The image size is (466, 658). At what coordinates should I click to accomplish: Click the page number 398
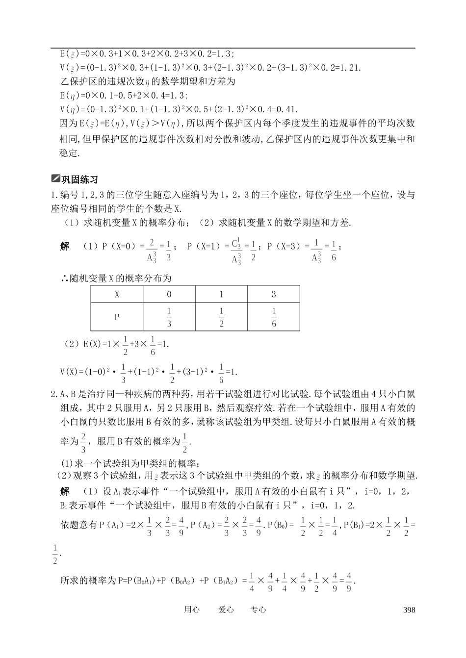[409, 610]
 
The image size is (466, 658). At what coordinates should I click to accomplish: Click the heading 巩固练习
[79, 180]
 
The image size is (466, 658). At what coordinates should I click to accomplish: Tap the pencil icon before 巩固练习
[55, 179]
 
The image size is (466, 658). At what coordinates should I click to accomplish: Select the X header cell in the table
[117, 294]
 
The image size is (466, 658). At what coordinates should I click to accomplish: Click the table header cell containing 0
[169, 294]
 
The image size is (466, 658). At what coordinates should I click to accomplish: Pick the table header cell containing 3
[274, 294]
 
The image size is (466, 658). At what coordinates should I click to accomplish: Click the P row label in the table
[117, 317]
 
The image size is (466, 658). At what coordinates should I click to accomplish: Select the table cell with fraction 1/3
[169, 317]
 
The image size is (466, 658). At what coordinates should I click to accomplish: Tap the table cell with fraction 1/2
[221, 317]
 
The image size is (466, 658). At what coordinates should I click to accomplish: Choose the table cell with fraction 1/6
[274, 317]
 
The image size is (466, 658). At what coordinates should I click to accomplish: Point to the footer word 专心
[258, 609]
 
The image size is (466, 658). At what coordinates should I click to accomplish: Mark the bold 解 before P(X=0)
[65, 247]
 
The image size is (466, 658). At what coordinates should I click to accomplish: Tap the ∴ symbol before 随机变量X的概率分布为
[64, 278]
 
